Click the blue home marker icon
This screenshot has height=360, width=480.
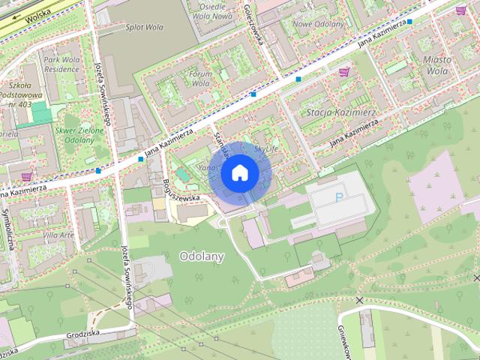tap(238, 172)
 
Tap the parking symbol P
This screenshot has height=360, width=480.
tap(339, 198)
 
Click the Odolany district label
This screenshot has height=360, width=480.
tap(202, 256)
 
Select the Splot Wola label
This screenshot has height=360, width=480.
tap(145, 26)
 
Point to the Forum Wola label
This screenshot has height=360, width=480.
tap(200, 79)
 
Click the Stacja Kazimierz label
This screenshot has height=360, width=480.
tap(341, 112)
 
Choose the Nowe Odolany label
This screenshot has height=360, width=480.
tap(318, 24)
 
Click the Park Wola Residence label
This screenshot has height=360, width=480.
tap(61, 64)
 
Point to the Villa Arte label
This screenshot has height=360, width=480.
tap(59, 235)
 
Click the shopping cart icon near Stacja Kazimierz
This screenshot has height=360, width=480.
tap(344, 72)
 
